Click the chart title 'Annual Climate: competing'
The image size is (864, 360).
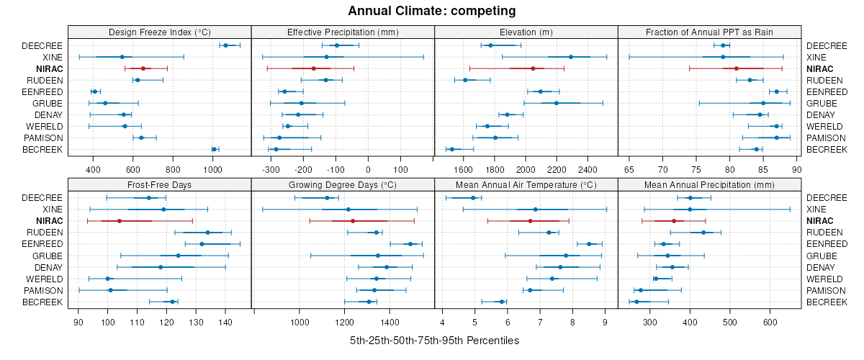[432, 11]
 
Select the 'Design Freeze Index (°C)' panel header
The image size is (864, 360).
[159, 32]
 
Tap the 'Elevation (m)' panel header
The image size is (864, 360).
[526, 32]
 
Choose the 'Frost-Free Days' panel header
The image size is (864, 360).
[159, 184]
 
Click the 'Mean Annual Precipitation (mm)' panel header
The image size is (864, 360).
[709, 184]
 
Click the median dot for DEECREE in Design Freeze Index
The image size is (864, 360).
[225, 45]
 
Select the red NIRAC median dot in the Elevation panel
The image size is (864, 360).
[533, 68]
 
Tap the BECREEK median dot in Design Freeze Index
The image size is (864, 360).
[214, 149]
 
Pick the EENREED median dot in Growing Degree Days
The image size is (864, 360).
[410, 244]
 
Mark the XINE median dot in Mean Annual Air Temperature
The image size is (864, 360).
[535, 210]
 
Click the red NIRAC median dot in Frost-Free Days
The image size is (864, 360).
[119, 221]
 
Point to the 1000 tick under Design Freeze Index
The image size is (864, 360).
[212, 170]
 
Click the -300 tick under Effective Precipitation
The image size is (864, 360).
[271, 170]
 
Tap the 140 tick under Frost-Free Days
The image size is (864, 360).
[225, 323]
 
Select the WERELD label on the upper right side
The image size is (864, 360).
[822, 126]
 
